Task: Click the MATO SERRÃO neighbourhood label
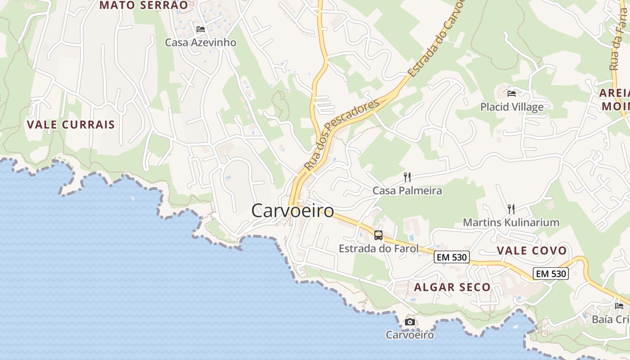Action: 144,5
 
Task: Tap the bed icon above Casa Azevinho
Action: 201,29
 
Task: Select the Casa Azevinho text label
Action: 200,43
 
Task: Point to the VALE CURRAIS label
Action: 71,125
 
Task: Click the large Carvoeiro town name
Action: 292,211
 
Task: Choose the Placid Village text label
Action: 512,107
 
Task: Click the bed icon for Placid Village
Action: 512,94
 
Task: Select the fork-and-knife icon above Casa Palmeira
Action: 407,177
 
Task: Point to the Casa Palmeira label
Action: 407,191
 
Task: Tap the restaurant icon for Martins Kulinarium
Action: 511,209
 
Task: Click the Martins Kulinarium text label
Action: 511,222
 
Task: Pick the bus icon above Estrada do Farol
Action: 378,235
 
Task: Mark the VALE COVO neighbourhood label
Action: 531,251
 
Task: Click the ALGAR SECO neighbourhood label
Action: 452,287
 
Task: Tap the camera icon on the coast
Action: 409,322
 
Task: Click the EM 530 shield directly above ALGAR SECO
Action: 452,257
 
